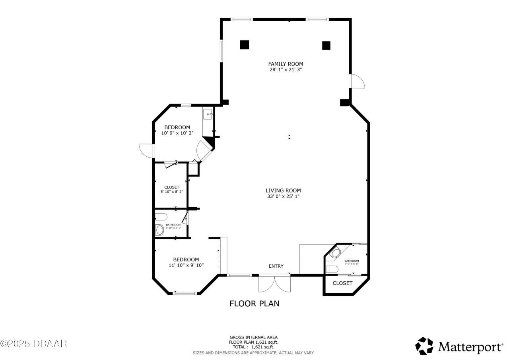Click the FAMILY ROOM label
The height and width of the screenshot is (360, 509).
[286, 64]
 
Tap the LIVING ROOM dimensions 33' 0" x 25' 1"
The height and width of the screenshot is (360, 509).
[283, 196]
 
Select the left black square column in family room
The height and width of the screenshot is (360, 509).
[244, 45]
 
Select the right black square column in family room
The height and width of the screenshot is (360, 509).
[326, 45]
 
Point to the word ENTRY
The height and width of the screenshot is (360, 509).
[276, 266]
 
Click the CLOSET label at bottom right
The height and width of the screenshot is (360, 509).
[342, 283]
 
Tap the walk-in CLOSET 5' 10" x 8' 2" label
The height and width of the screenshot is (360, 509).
[172, 189]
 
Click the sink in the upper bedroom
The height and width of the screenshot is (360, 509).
[208, 115]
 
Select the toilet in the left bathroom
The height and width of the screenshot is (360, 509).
[161, 217]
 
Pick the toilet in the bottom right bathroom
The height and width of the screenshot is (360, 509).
[331, 269]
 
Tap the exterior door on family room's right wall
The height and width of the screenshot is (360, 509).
[357, 81]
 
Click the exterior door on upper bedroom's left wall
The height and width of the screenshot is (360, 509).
[146, 150]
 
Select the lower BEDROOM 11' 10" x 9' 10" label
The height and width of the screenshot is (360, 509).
[186, 262]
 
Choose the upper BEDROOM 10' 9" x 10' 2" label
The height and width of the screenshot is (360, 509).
[177, 130]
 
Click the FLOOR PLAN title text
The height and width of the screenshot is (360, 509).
[254, 304]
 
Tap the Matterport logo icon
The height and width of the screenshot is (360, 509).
[424, 346]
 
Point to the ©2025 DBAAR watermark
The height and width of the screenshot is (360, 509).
[34, 343]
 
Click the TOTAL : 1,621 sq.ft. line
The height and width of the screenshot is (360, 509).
[253, 347]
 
